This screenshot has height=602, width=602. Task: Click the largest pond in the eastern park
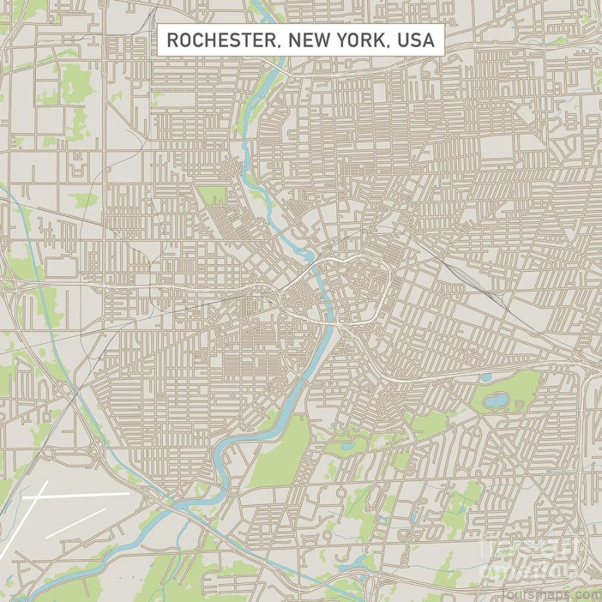[496, 401]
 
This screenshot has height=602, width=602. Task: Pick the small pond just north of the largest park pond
[486, 378]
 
